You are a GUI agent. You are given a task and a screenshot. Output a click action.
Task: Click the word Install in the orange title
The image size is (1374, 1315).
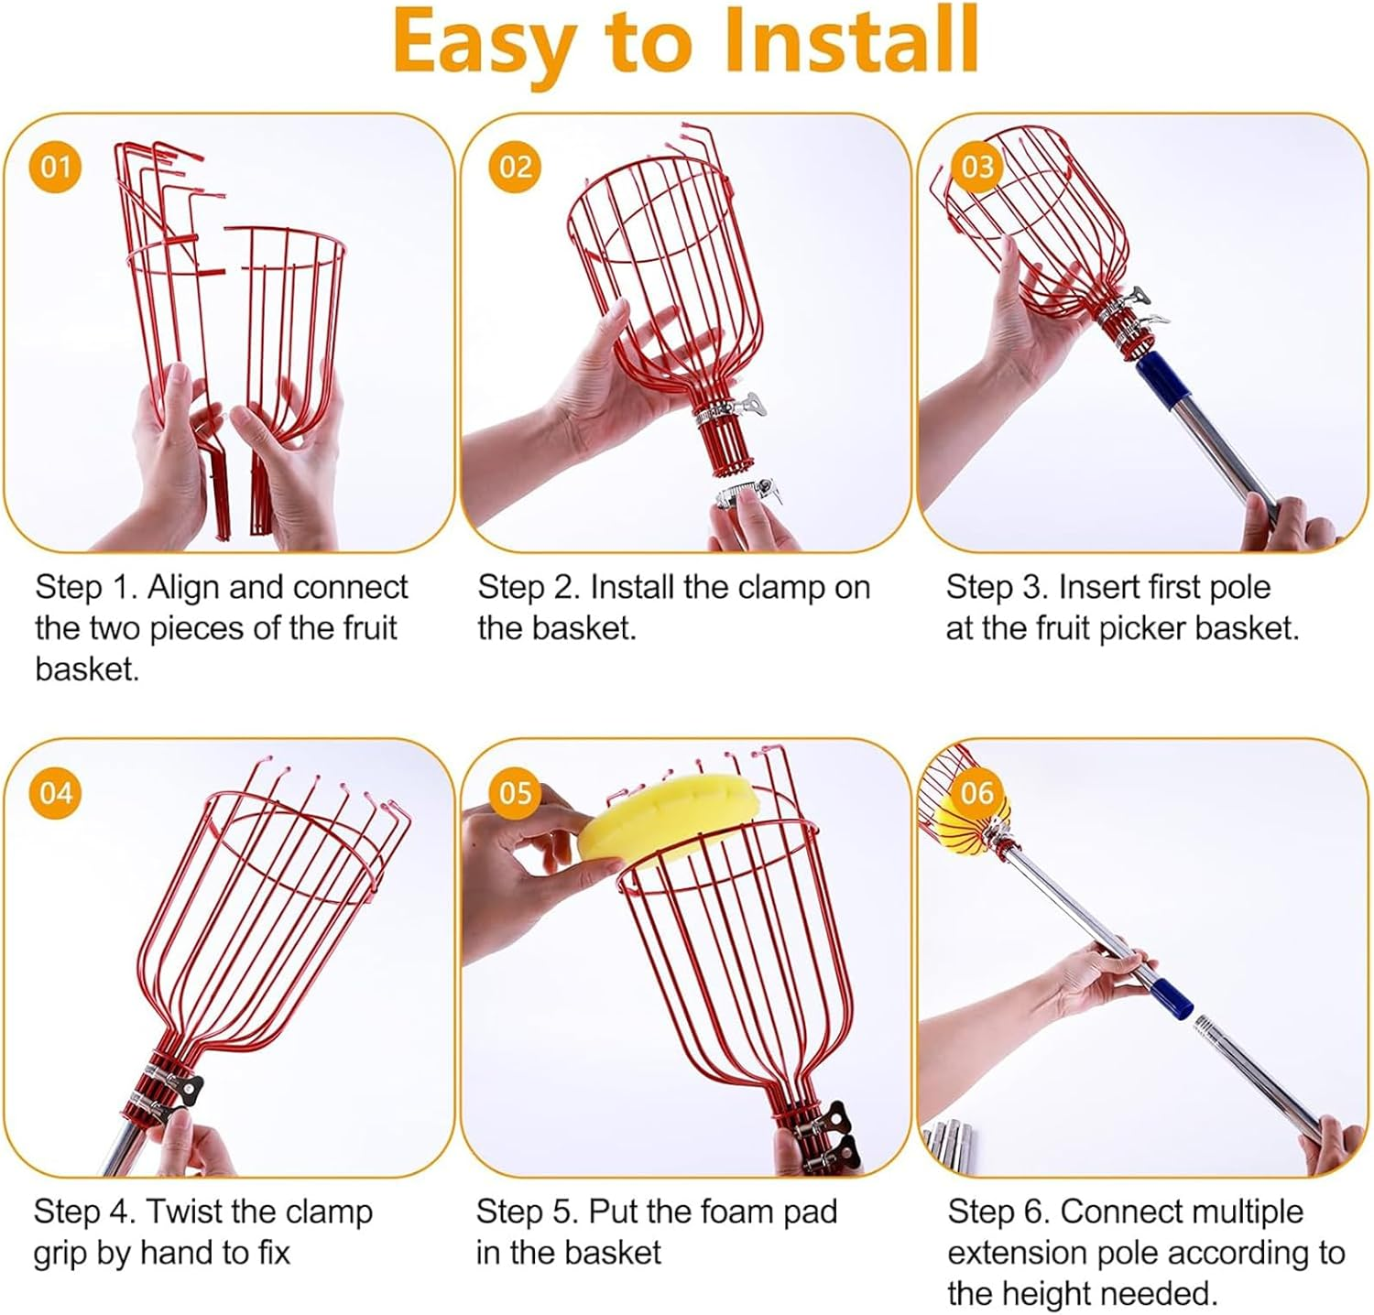click(850, 41)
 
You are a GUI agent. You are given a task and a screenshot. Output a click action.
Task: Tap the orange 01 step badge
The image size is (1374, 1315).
click(56, 167)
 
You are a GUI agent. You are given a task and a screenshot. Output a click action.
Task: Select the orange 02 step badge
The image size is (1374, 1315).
click(515, 167)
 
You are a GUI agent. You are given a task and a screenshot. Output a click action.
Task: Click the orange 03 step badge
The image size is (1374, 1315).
click(976, 167)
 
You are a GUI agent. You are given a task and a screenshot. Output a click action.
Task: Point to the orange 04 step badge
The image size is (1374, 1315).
click(56, 792)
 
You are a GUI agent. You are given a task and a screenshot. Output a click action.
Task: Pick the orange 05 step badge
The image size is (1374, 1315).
click(515, 792)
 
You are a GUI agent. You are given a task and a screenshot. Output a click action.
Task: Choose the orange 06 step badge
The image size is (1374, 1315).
click(976, 792)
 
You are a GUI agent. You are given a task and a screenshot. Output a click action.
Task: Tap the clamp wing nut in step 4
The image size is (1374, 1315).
click(191, 1087)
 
